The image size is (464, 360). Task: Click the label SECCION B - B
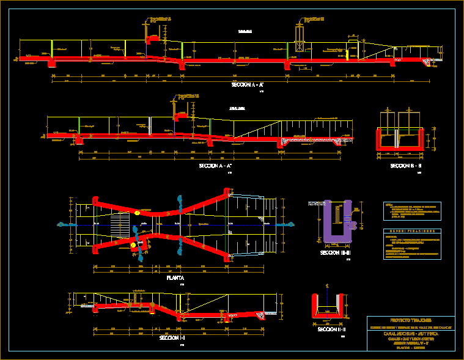(x=400, y=165)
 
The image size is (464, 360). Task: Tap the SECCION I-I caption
(x=173, y=337)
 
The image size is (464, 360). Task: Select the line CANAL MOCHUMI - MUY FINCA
(x=410, y=334)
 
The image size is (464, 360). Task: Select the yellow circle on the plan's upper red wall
(x=138, y=213)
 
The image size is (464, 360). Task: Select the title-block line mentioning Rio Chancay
(x=410, y=328)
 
